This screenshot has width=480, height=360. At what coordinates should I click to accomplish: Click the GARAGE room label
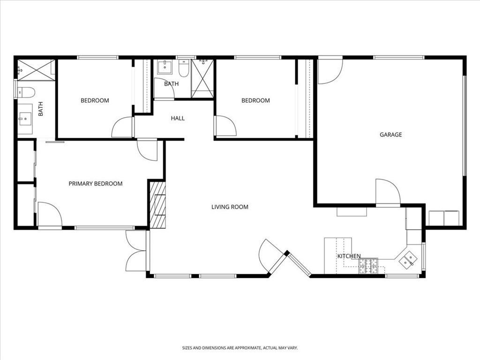point(390,135)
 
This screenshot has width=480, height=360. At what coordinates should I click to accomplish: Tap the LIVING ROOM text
point(230,207)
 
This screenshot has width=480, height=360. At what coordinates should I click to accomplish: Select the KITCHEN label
point(349,256)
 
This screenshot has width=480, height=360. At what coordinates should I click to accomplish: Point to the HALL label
point(178,119)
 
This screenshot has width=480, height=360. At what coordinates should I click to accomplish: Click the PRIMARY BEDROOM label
point(96,183)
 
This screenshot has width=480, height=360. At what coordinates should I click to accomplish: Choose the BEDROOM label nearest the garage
point(255,100)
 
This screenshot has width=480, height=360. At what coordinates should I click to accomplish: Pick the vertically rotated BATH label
point(40,109)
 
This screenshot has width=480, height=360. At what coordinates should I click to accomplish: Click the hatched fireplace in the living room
point(157,205)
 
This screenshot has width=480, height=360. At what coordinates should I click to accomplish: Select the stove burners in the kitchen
point(368,266)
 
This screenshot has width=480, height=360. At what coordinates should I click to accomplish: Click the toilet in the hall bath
point(184,69)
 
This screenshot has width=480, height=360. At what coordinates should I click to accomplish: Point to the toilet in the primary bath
point(26,92)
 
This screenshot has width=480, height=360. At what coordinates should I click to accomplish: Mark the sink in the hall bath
point(165,67)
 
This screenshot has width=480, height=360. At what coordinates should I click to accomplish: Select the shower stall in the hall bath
point(202,78)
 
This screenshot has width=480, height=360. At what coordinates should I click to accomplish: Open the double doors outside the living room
point(136,251)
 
